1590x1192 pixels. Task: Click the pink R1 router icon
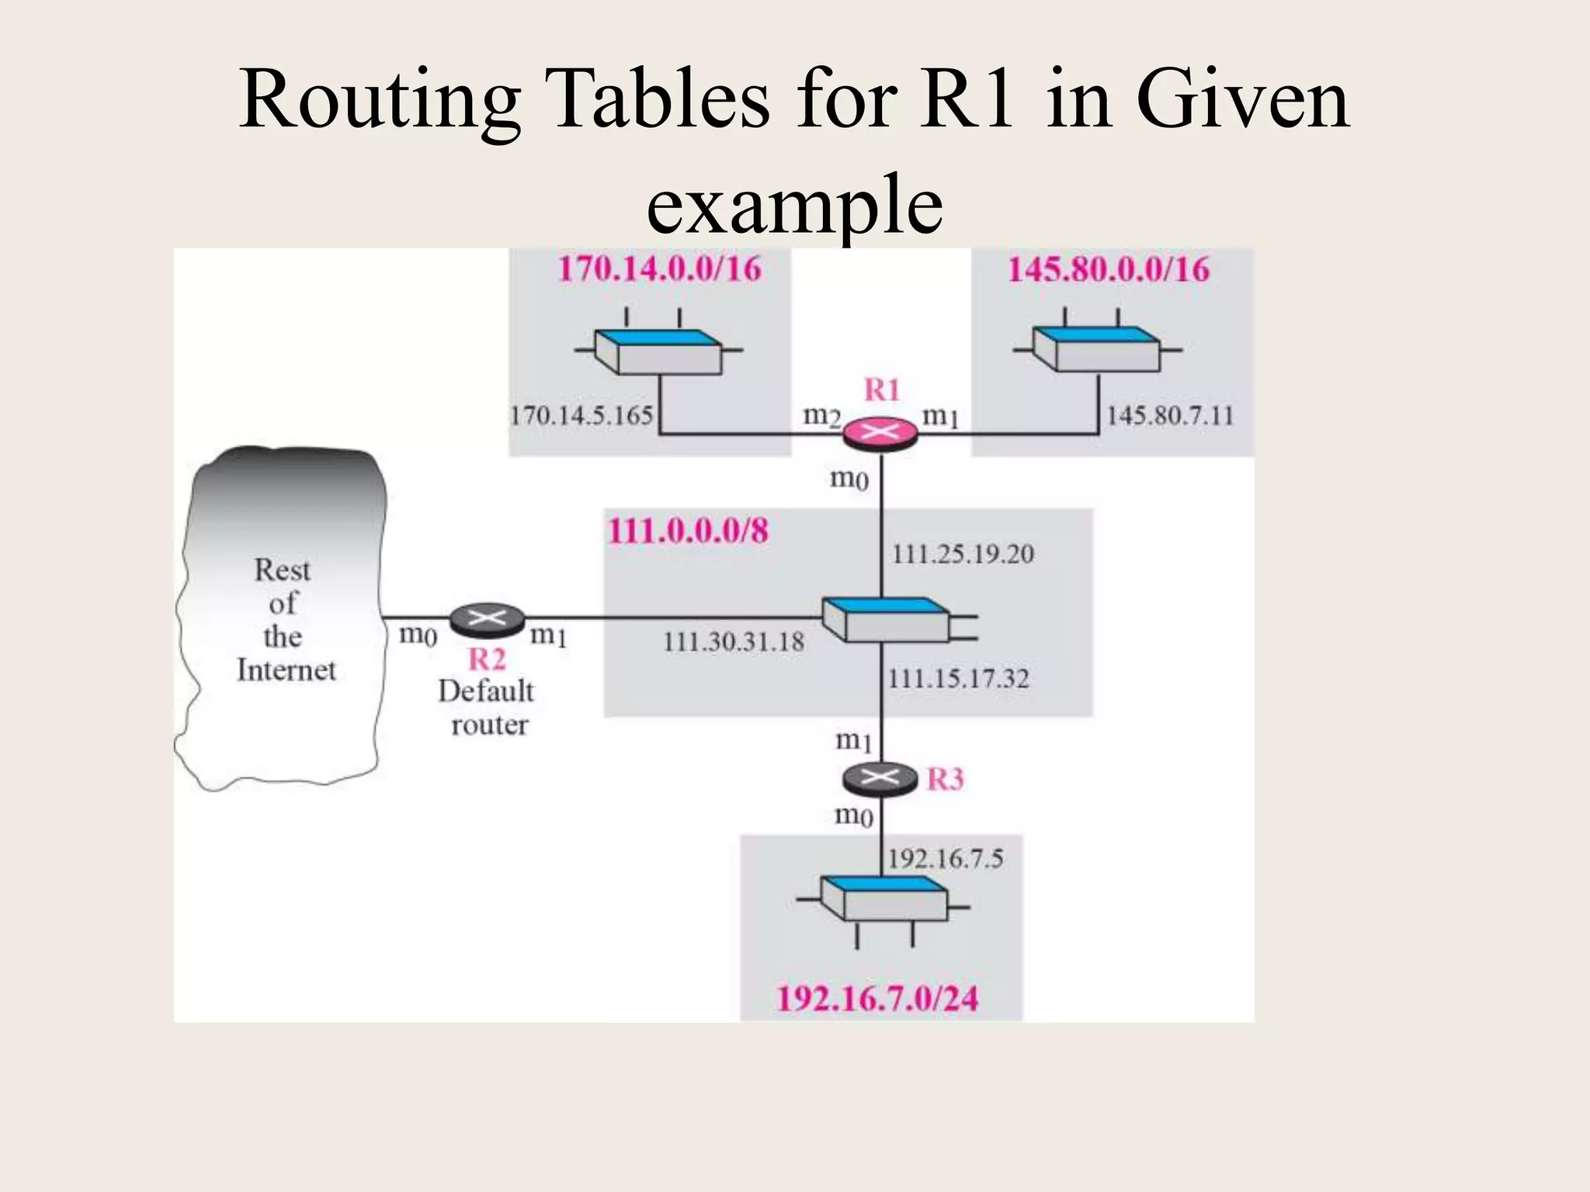[x=880, y=433]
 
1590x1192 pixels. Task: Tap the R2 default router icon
[x=487, y=619]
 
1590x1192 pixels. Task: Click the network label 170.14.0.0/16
[x=660, y=269]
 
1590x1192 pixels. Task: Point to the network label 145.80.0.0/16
[x=1109, y=270]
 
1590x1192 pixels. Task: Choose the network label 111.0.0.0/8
[x=688, y=532]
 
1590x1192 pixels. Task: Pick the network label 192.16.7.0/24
[x=877, y=999]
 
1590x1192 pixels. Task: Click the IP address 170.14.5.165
[x=581, y=415]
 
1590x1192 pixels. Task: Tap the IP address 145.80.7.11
[x=1169, y=416]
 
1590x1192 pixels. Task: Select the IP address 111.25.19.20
[x=963, y=554]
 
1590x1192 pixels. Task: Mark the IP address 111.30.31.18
[x=734, y=642]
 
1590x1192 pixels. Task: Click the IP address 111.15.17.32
[x=958, y=679]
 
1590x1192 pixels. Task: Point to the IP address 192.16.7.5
[x=945, y=859]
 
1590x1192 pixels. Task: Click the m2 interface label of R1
[x=821, y=417]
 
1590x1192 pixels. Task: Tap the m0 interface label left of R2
[x=418, y=635]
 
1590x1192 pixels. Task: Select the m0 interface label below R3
[x=853, y=815]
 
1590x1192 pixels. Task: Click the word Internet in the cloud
[x=286, y=670]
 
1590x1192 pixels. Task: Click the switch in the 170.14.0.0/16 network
[x=658, y=352]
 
